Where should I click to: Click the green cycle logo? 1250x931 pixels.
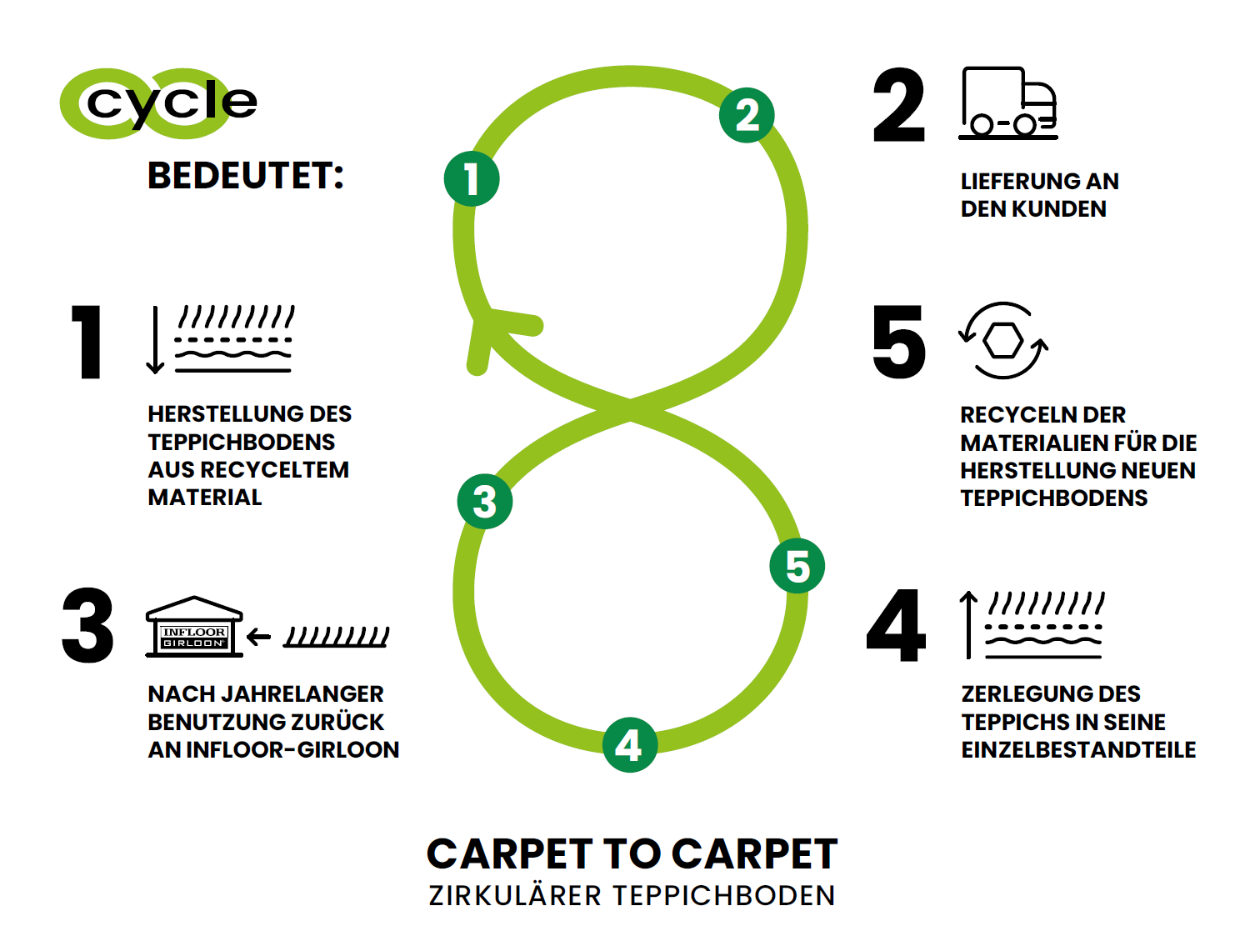(158, 103)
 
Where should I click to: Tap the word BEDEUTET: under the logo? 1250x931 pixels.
(245, 175)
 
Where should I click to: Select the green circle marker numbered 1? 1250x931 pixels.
(471, 178)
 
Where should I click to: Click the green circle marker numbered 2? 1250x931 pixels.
(746, 115)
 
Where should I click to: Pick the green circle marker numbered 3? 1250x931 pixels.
(485, 501)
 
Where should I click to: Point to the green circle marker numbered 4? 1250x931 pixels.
(629, 744)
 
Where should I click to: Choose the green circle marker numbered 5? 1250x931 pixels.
(797, 566)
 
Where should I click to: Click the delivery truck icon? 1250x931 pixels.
(1007, 103)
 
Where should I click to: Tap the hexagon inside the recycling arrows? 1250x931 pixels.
(1002, 340)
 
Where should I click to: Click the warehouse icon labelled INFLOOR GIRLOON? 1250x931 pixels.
(194, 627)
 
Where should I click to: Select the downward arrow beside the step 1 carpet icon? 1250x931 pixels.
(155, 340)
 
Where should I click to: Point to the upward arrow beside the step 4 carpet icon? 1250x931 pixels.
(968, 625)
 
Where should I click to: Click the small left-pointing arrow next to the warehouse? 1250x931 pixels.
(258, 638)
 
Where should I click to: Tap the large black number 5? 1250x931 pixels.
(898, 341)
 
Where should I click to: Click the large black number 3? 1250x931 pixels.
(88, 625)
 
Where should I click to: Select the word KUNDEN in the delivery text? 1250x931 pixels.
(1059, 209)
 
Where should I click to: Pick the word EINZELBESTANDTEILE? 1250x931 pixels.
(1078, 750)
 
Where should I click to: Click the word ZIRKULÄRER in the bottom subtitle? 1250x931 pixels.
(514, 896)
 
